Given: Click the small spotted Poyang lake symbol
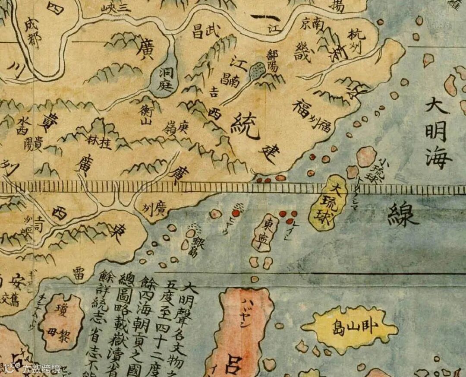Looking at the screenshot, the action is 258,69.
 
